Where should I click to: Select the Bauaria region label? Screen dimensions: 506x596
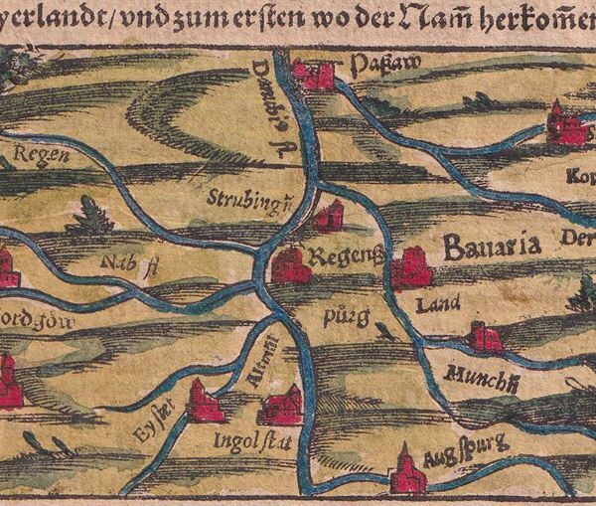(x=491, y=247)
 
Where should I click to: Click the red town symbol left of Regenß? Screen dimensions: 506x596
(x=291, y=265)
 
